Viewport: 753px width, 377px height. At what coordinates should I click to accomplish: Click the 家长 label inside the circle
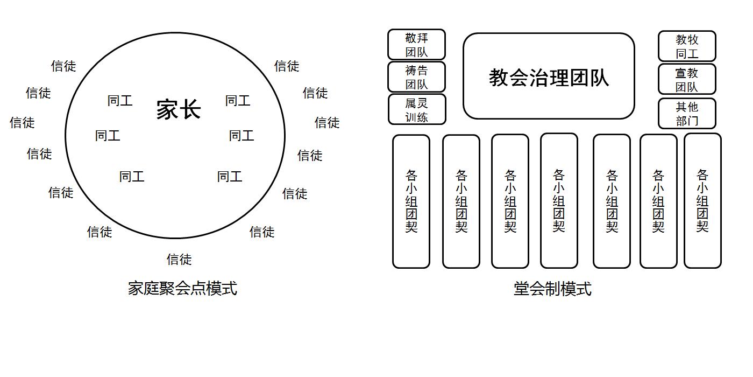click(179, 109)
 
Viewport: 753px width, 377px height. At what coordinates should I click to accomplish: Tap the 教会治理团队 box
click(549, 76)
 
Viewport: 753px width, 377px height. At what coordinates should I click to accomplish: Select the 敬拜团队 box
click(416, 45)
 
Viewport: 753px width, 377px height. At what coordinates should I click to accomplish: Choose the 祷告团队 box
click(416, 77)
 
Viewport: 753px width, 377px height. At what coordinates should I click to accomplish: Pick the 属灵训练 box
click(417, 109)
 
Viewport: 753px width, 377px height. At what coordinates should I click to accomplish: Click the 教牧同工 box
click(687, 46)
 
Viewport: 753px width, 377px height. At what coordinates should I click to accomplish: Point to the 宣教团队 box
click(687, 79)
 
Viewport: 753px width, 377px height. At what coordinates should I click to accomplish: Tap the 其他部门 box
click(687, 113)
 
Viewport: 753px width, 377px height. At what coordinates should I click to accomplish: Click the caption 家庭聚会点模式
click(182, 288)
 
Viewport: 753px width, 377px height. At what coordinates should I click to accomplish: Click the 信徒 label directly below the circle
click(179, 260)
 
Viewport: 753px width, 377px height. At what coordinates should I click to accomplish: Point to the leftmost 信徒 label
click(22, 123)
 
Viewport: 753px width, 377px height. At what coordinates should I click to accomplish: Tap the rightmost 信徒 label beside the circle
click(327, 123)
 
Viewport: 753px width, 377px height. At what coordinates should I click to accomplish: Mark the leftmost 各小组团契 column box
click(411, 201)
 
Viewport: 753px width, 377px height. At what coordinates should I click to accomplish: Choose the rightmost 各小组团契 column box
click(702, 200)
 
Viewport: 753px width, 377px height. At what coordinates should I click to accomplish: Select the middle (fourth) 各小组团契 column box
click(559, 200)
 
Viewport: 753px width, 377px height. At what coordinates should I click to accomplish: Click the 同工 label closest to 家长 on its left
click(120, 101)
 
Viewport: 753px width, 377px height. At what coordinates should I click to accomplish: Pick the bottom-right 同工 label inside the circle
click(230, 177)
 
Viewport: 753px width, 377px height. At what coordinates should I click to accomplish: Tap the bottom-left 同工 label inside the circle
click(132, 177)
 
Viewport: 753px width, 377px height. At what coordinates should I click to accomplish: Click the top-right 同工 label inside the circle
click(238, 101)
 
